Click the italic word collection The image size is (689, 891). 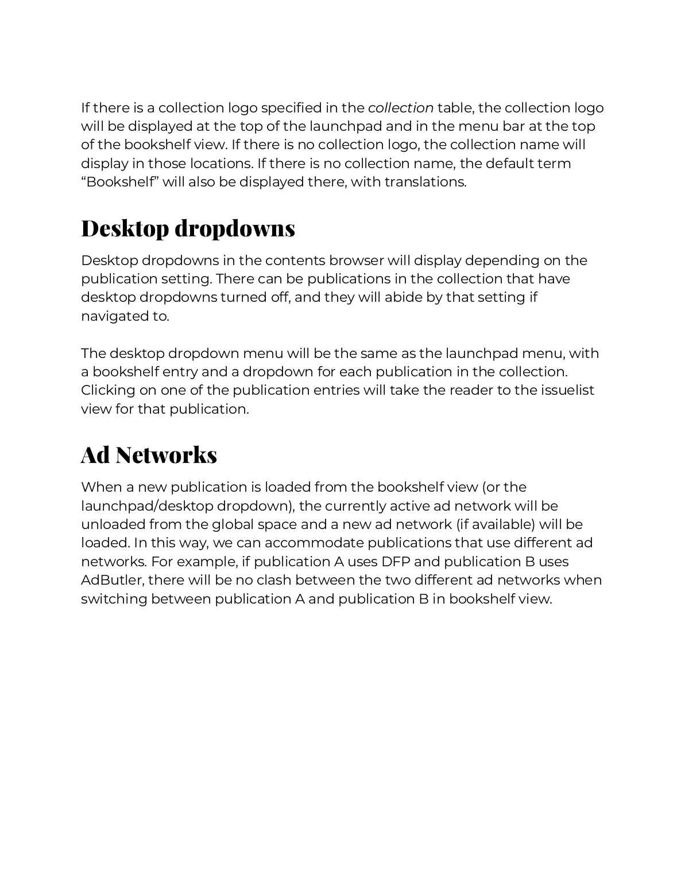[x=400, y=108]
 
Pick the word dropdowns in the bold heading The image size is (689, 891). [x=235, y=228]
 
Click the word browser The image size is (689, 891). [x=356, y=260]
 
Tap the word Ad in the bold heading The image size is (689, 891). [x=95, y=455]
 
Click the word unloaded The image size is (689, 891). [x=113, y=524]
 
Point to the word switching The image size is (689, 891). [x=114, y=599]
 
